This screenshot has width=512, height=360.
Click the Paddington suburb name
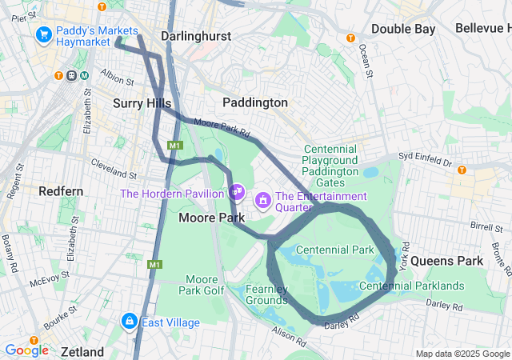[x=254, y=102]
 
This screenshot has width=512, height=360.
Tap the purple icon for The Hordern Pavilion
[x=236, y=192]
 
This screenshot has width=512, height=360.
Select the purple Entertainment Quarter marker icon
[x=262, y=198]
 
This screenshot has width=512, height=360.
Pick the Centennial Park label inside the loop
[x=334, y=250]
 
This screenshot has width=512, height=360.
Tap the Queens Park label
[x=458, y=261]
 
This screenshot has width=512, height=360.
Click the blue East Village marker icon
[x=128, y=322]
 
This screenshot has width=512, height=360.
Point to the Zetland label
[x=82, y=352]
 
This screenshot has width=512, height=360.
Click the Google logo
[x=26, y=350]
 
